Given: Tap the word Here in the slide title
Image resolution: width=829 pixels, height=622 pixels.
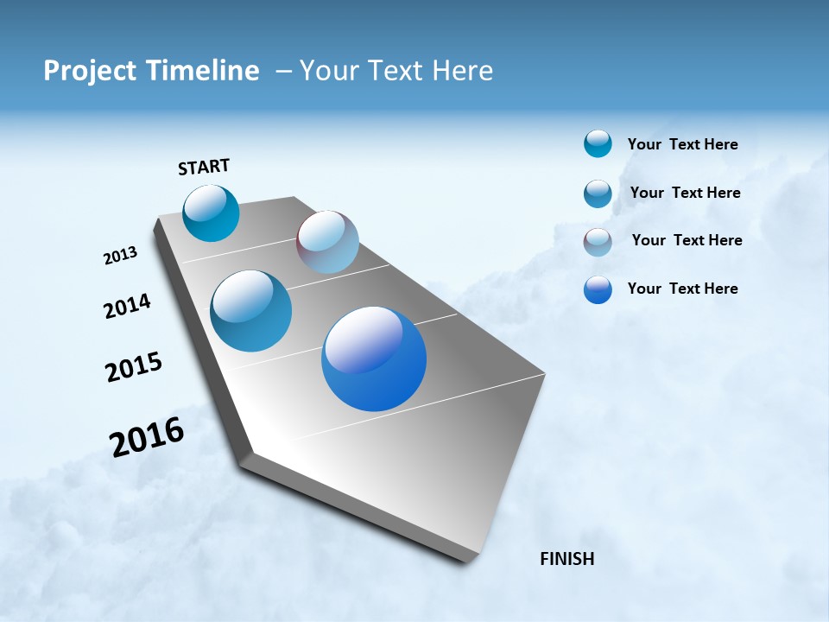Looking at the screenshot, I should (x=462, y=71).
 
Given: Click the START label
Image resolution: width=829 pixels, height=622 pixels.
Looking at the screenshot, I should (x=204, y=167).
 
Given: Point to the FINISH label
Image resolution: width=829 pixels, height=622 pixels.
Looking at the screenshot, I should (x=567, y=559).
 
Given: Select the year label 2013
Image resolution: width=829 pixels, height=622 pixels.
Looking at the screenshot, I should (x=120, y=256).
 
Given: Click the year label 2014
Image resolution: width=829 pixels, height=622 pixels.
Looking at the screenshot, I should (x=127, y=307).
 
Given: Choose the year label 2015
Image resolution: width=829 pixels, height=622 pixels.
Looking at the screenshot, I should (x=134, y=367).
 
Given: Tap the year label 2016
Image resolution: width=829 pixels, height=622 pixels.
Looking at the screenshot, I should (x=147, y=437).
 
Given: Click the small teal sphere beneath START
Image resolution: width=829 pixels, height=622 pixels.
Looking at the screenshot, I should (x=211, y=213).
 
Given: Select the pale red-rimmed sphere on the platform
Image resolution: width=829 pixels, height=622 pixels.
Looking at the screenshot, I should (x=327, y=242).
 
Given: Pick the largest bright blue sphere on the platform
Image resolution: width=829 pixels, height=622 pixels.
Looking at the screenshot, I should (x=374, y=359).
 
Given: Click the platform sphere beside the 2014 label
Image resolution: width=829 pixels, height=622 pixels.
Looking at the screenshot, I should (x=251, y=311).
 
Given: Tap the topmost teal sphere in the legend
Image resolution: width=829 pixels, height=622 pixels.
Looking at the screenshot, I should (x=598, y=144).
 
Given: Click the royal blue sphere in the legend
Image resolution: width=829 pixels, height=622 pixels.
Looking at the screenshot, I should (x=598, y=289).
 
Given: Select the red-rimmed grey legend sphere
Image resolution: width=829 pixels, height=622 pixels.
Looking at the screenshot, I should (x=598, y=242).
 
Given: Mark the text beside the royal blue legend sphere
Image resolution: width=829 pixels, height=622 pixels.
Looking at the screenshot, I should (x=682, y=289).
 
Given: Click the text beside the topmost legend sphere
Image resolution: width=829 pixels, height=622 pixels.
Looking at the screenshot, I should (x=682, y=144).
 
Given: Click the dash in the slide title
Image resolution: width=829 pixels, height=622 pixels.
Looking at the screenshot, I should (x=283, y=71).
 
